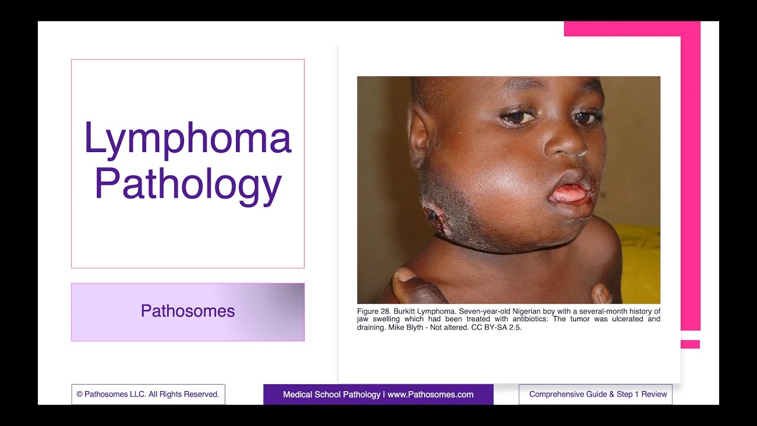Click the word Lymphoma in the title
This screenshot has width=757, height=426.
pyautogui.click(x=187, y=138)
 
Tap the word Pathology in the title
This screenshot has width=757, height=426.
pyautogui.click(x=187, y=184)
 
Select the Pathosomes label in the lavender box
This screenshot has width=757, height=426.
pyautogui.click(x=187, y=311)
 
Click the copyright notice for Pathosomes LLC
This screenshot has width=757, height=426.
pyautogui.click(x=148, y=394)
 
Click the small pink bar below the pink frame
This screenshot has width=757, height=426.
pyautogui.click(x=690, y=344)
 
